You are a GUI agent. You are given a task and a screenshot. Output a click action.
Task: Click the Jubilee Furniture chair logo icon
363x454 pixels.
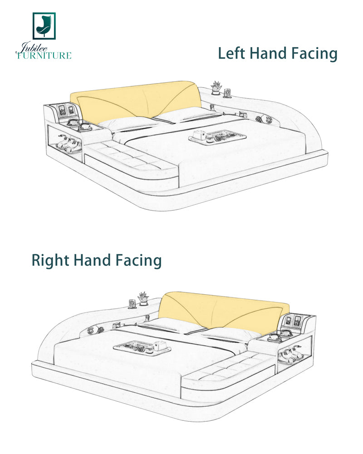click(x=44, y=26)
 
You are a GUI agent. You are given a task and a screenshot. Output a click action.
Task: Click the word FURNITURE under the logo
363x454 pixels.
click(x=44, y=55)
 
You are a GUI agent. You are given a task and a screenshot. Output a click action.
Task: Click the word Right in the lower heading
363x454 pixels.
click(x=50, y=260)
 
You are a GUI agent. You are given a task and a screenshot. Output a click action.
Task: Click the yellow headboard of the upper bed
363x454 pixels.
click(x=136, y=100)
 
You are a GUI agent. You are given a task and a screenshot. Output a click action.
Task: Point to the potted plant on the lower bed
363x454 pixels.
click(x=142, y=299)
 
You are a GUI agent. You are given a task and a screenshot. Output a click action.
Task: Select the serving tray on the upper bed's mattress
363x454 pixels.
click(x=217, y=137)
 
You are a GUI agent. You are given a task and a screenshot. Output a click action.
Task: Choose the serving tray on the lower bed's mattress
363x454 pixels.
click(x=142, y=347)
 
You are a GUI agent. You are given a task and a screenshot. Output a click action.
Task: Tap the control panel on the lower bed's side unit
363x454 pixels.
click(x=293, y=321)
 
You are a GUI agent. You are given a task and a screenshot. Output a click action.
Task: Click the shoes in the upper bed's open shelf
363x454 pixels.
click(x=68, y=143)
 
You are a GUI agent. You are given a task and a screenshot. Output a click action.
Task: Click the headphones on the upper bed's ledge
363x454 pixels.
click(x=264, y=118)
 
